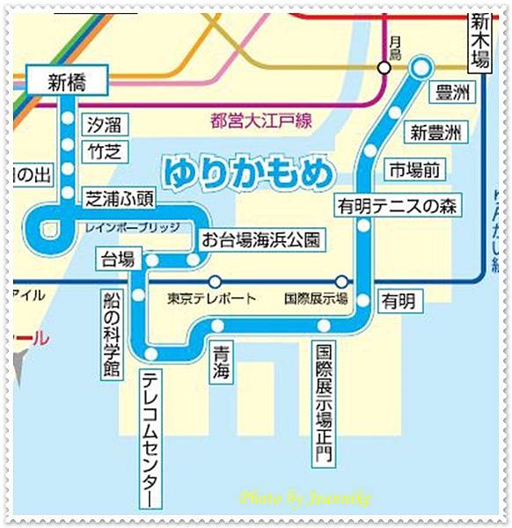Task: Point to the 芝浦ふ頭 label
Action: (120, 199)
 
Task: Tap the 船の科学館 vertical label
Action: (111, 322)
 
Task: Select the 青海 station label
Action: (219, 364)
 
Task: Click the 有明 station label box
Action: (397, 301)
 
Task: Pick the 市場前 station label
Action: (417, 168)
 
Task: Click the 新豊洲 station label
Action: (434, 133)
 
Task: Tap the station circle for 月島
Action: (384, 67)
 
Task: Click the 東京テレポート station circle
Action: (215, 282)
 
